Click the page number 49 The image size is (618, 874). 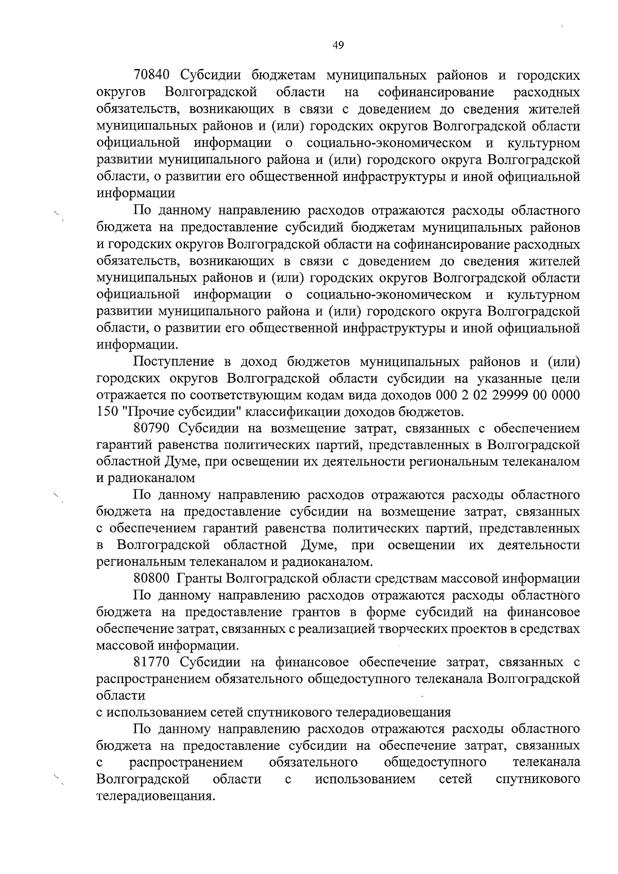click(x=338, y=45)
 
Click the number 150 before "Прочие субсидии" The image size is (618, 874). click(x=106, y=412)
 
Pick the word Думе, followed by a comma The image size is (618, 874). click(x=318, y=545)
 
